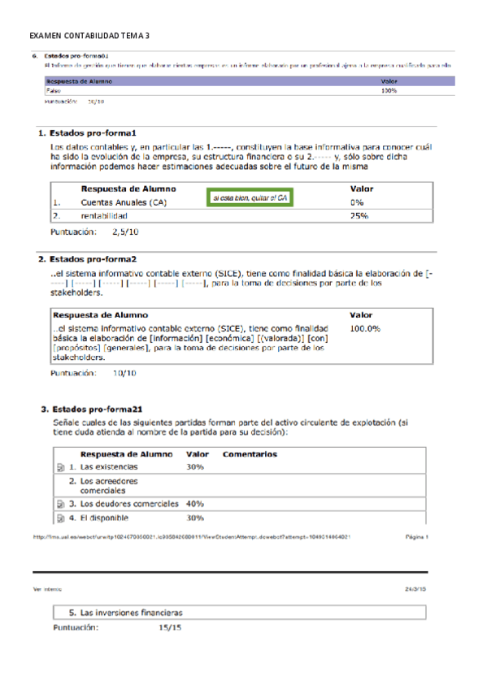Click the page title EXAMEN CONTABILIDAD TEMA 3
click(89, 37)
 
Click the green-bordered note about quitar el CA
click(250, 197)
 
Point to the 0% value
click(356, 202)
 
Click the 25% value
click(359, 216)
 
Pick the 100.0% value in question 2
click(365, 328)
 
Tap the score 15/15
click(171, 628)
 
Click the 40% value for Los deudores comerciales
click(195, 504)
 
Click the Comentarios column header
click(250, 454)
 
